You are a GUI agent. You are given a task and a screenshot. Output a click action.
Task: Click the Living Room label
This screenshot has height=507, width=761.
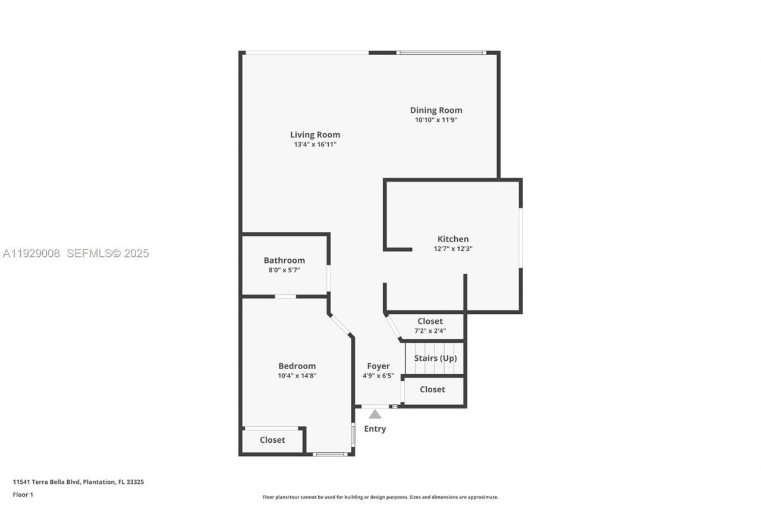click(x=315, y=135)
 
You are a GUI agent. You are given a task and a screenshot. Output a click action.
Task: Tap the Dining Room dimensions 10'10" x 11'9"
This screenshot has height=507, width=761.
click(x=436, y=120)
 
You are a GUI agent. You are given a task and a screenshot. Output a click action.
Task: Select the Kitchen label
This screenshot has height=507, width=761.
click(x=453, y=239)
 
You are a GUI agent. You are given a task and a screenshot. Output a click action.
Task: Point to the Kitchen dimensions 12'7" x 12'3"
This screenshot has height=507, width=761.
click(x=453, y=249)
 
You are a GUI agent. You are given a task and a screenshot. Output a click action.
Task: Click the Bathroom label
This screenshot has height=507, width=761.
click(x=284, y=260)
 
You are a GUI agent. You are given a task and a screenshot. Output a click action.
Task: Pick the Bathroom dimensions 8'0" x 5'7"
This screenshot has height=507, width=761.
click(x=284, y=270)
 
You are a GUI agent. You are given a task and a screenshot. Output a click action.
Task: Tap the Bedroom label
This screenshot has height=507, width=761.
click(x=297, y=366)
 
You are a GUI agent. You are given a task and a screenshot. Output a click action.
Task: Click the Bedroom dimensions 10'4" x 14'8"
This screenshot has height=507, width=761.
click(x=297, y=376)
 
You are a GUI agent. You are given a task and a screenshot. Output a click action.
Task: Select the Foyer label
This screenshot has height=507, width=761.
click(x=378, y=366)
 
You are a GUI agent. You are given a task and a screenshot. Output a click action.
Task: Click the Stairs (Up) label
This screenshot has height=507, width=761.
click(x=435, y=358)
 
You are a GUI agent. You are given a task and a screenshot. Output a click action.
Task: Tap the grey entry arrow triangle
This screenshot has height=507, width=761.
click(x=375, y=414)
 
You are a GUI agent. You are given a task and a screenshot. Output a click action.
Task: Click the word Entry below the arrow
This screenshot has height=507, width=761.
click(x=375, y=429)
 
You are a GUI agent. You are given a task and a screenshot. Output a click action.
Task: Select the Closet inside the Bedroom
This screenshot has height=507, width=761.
click(x=272, y=440)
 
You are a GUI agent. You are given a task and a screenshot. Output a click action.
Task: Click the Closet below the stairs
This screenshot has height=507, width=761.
click(x=432, y=390)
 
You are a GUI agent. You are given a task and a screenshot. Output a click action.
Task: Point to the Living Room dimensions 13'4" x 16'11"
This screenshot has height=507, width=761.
click(x=315, y=144)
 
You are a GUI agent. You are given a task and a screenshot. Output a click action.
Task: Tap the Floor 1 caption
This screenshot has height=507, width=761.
click(x=23, y=495)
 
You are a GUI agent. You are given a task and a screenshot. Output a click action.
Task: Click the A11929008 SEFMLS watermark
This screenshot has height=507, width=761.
click(x=75, y=253)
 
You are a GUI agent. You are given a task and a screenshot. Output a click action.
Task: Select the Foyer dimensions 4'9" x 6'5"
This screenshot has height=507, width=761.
click(x=378, y=376)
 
